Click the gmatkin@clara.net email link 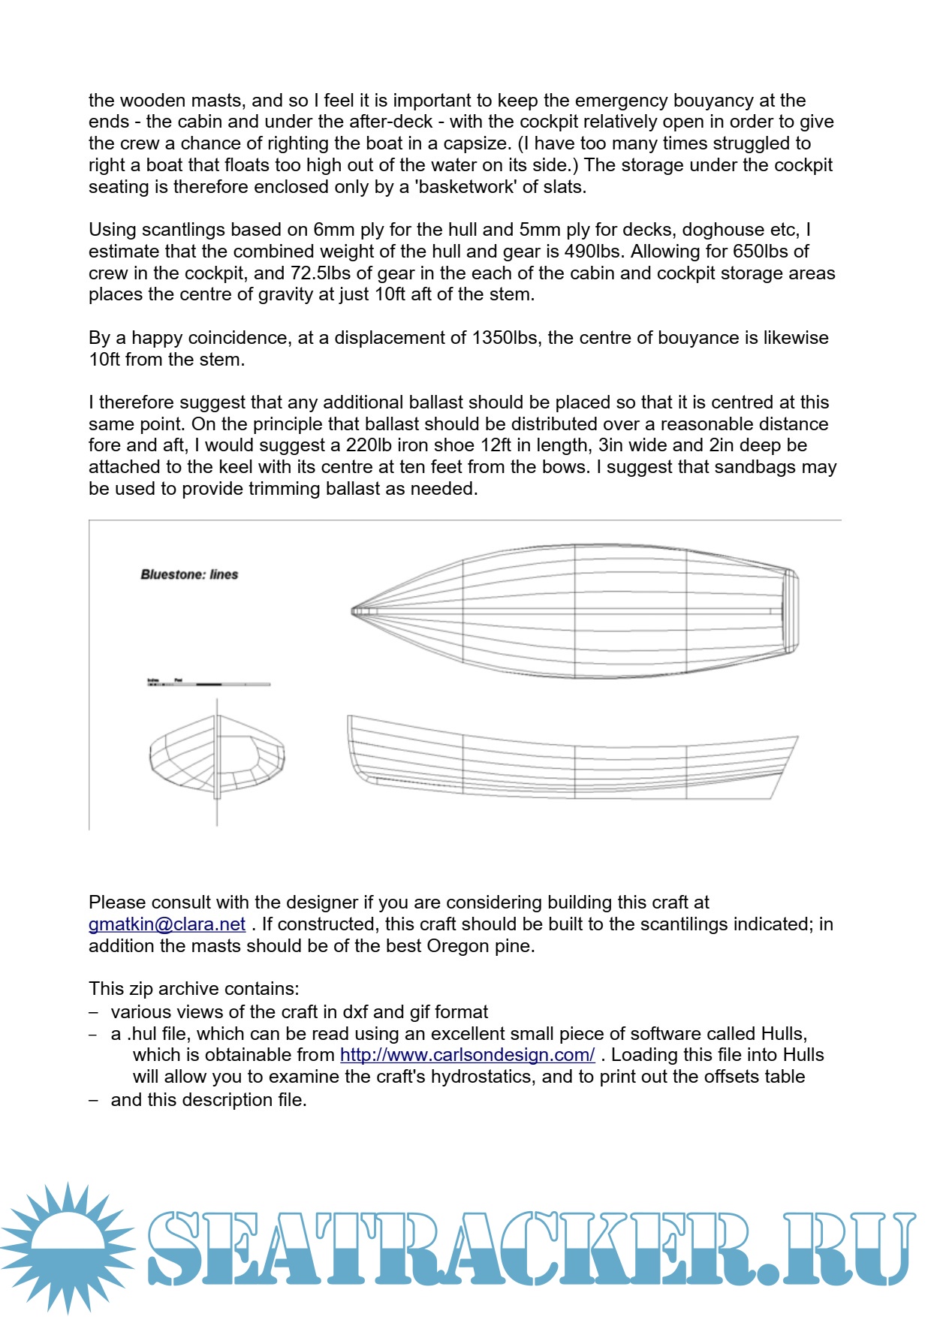tap(167, 924)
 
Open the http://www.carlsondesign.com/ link tap(467, 1055)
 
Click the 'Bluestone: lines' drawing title tap(189, 574)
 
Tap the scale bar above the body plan tap(209, 683)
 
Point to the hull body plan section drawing tap(217, 755)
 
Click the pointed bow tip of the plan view tap(354, 611)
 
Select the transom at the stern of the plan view tap(790, 611)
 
